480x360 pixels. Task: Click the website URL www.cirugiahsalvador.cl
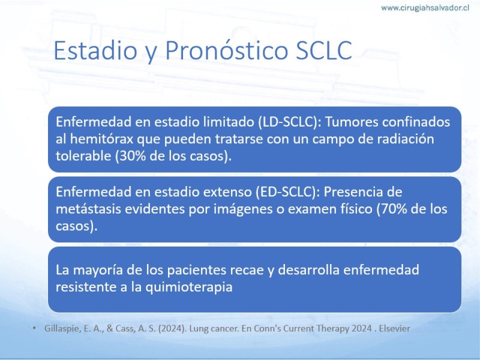tap(425, 8)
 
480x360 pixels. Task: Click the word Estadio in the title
tap(95, 50)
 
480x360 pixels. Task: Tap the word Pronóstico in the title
tap(227, 50)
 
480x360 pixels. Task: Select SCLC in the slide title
tap(324, 50)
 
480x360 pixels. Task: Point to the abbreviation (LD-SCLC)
tap(287, 122)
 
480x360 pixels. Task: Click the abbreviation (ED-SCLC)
tap(287, 192)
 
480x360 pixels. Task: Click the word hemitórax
tap(102, 139)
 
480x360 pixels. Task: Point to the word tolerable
tap(83, 156)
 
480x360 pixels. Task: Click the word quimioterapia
tap(189, 287)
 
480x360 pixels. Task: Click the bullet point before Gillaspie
tap(34, 328)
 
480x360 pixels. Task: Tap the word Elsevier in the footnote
tap(394, 328)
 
